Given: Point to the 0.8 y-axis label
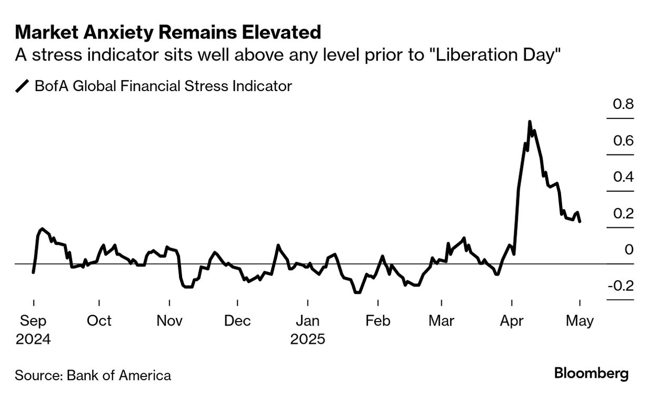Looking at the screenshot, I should pos(623,105).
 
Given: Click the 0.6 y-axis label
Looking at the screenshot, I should pos(623,141).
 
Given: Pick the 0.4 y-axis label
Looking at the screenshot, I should pos(623,177).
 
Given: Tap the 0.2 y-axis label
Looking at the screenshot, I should pos(623,213).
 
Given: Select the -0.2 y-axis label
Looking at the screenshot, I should pos(621,286).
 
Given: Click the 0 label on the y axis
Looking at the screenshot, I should pos(628,250).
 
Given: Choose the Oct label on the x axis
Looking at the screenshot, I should pos(99,321).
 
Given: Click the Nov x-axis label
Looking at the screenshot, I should pos(169,321).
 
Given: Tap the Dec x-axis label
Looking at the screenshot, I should pos(237,321).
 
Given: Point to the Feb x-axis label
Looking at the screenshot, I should pos(377,321).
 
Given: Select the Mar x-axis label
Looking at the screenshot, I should pos(442,321).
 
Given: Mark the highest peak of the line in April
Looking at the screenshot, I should pos(529,122).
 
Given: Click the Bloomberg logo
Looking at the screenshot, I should pos(592,374).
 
